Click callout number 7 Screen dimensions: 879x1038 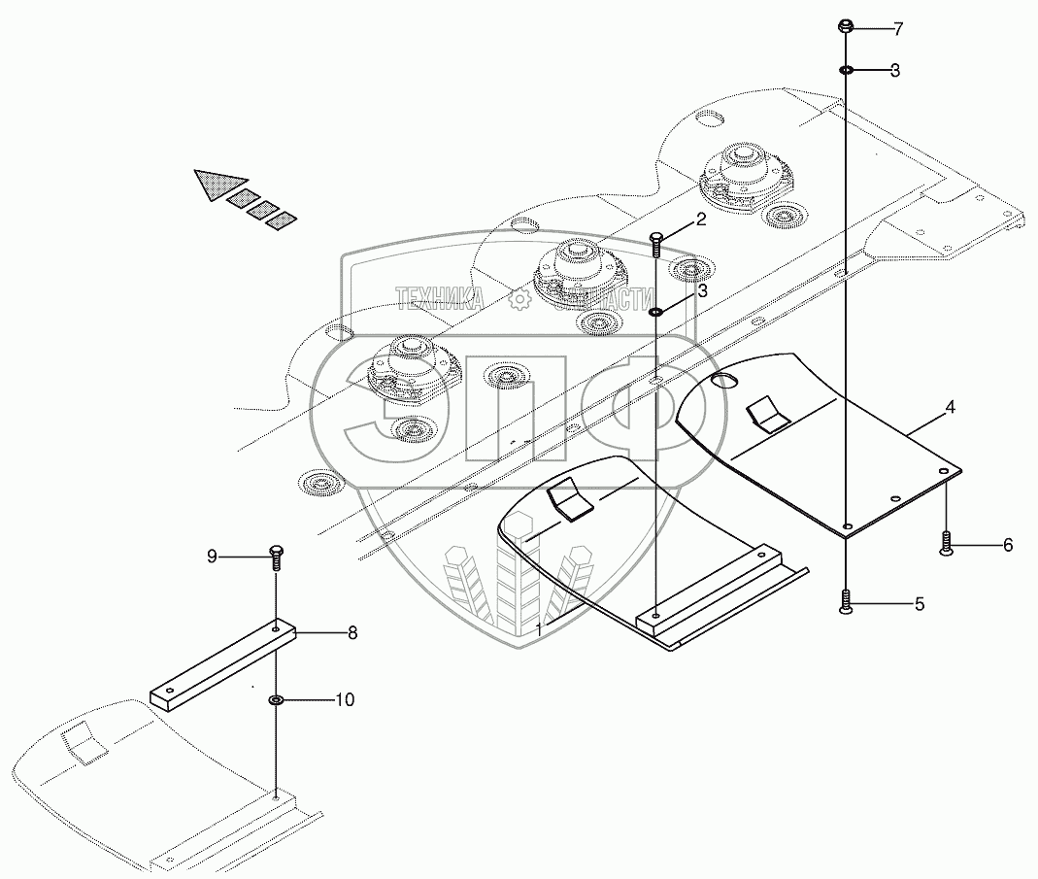pos(897,28)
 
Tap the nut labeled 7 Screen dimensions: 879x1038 pos(846,26)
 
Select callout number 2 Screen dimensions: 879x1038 pos(700,220)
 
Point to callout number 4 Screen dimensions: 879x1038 pos(950,408)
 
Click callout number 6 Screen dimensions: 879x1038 pos(1007,546)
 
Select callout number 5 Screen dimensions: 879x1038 pos(919,604)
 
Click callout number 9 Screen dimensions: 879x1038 pos(212,556)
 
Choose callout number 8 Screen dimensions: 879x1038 pos(352,632)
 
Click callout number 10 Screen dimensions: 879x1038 pos(344,698)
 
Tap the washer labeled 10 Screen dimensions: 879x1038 pos(276,699)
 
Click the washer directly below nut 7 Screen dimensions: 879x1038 pos(847,70)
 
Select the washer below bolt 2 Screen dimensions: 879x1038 pos(656,312)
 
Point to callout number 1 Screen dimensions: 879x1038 pos(539,629)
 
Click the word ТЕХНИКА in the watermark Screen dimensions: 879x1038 pos(440,300)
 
